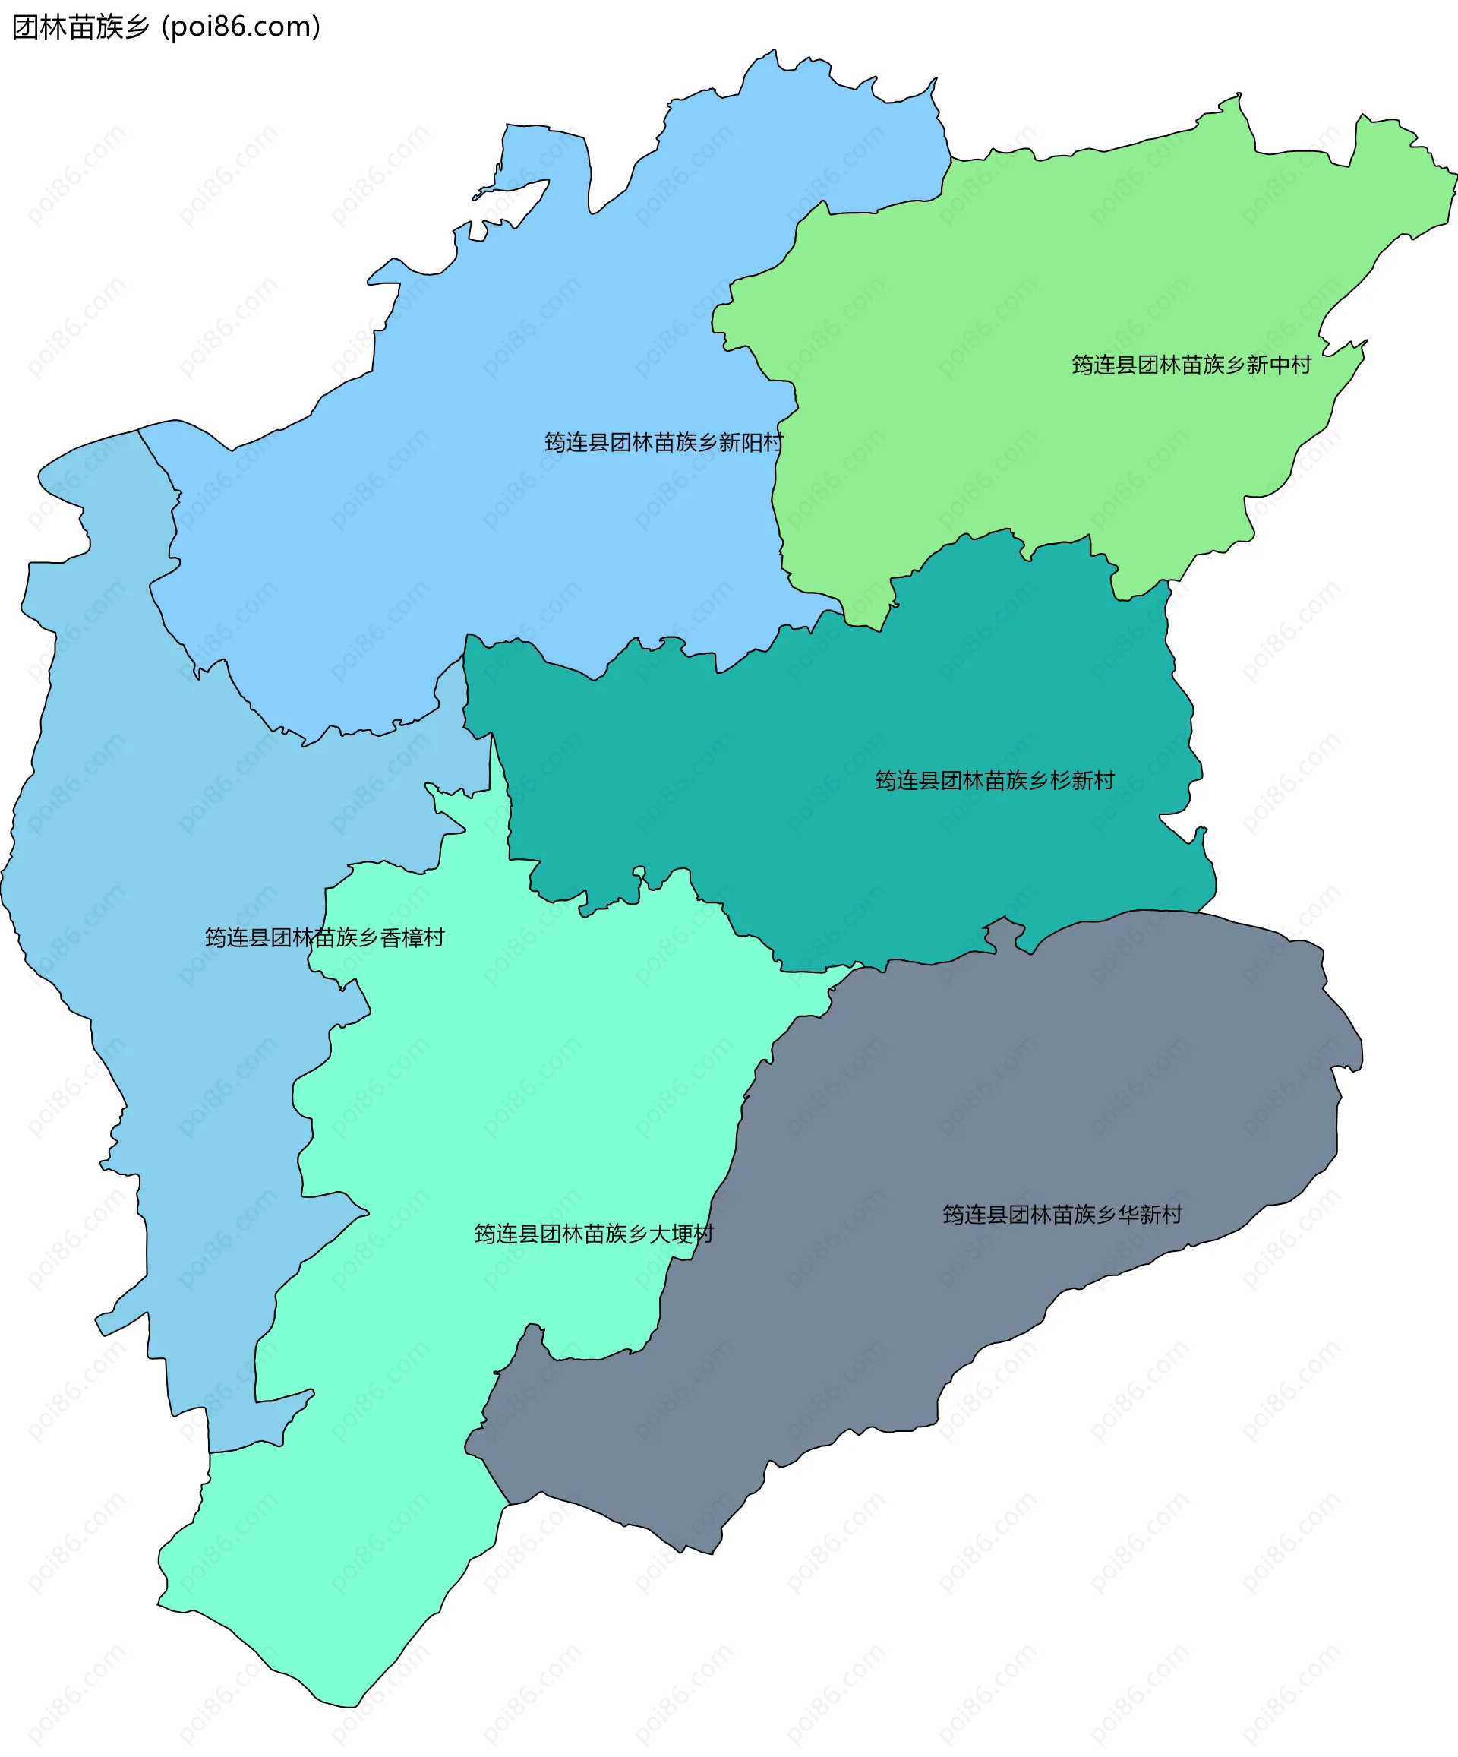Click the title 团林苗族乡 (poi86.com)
[x=166, y=27]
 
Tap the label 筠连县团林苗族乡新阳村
[x=664, y=443]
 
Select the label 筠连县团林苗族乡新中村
[x=1191, y=365]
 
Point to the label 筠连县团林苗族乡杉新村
[x=995, y=781]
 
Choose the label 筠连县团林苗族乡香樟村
[x=324, y=938]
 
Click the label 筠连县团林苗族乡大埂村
[x=594, y=1234]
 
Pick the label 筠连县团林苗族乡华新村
[x=1062, y=1215]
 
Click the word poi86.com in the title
[x=241, y=27]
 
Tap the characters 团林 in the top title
[x=39, y=27]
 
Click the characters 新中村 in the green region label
[x=1279, y=365]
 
